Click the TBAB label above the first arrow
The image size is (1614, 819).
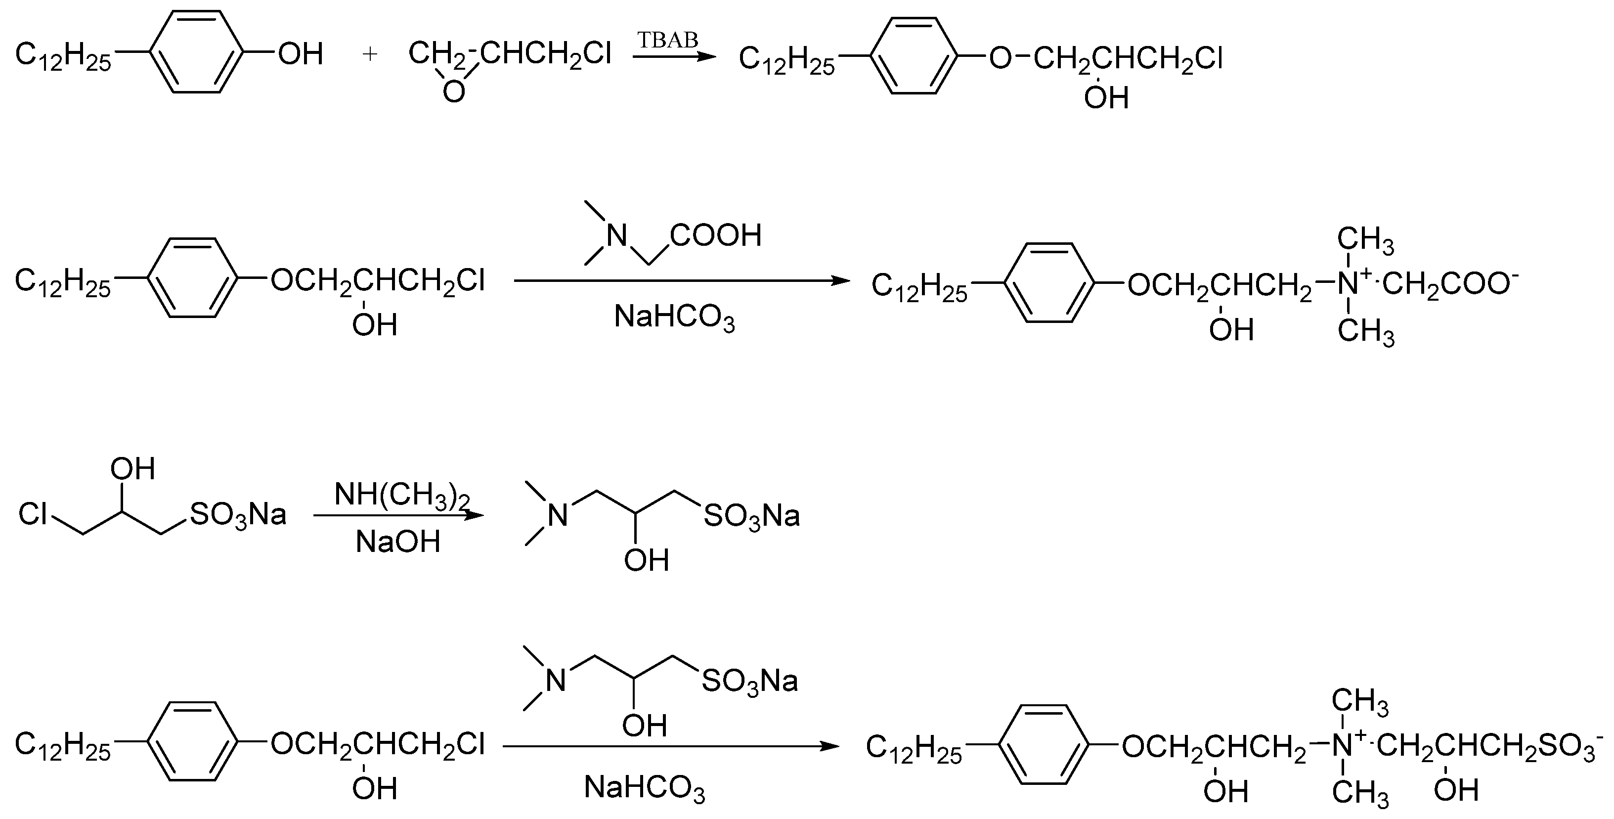pyautogui.click(x=667, y=40)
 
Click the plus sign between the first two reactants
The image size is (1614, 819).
pyautogui.click(x=370, y=54)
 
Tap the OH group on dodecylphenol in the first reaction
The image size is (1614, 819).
pyautogui.click(x=301, y=54)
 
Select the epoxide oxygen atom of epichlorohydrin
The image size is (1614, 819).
pyautogui.click(x=454, y=92)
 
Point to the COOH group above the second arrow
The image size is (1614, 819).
pyautogui.click(x=715, y=235)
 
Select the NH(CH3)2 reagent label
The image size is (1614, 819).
pyautogui.click(x=401, y=495)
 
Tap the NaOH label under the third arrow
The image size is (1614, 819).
pyautogui.click(x=398, y=542)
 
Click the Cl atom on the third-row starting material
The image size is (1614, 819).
pyautogui.click(x=33, y=514)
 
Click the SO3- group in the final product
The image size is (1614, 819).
pyautogui.click(x=1570, y=746)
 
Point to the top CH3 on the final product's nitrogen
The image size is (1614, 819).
pyautogui.click(x=1359, y=701)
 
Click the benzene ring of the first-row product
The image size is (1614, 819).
pyautogui.click(x=914, y=56)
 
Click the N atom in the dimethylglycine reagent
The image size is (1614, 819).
pyautogui.click(x=616, y=236)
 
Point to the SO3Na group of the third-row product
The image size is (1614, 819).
pyautogui.click(x=752, y=516)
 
